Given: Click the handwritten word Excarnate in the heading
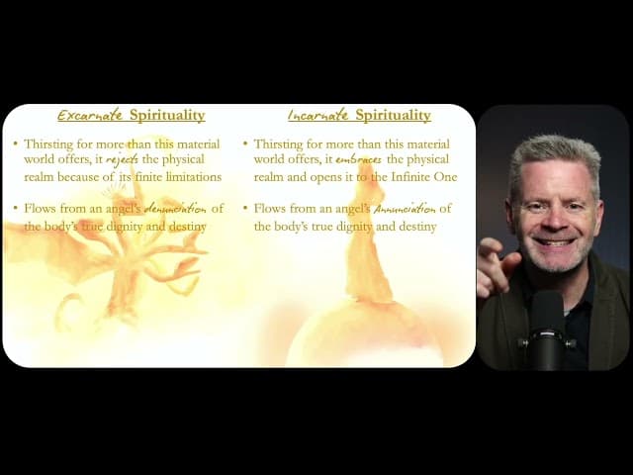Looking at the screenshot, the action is click(x=90, y=115).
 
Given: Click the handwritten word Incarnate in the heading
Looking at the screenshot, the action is click(x=318, y=115).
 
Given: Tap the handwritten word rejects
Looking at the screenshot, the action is click(x=122, y=160).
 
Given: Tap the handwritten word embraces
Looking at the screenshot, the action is click(x=358, y=160).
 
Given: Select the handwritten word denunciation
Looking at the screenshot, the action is click(x=175, y=209).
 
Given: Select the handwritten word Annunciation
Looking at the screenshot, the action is click(x=405, y=209).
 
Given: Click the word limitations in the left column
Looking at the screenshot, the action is click(x=194, y=177).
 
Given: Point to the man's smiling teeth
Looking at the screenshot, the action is click(x=555, y=242).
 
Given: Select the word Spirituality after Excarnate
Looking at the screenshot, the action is click(x=167, y=115).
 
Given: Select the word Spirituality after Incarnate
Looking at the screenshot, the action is click(x=394, y=115).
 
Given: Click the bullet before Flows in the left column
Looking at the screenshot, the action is click(x=16, y=209).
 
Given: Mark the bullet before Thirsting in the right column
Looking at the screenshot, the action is click(x=245, y=143).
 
